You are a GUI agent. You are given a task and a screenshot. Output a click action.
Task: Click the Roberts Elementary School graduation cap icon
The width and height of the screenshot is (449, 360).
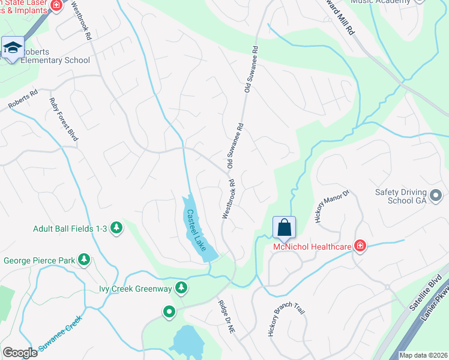(x=13, y=47)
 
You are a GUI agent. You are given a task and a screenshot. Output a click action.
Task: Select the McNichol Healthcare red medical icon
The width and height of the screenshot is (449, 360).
(x=360, y=245)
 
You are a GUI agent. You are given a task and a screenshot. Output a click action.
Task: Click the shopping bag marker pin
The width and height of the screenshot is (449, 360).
(x=285, y=228)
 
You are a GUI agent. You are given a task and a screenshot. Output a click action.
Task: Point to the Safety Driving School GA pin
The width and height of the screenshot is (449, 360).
(x=436, y=195)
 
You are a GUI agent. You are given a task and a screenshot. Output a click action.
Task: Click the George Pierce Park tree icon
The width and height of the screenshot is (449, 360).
(x=85, y=260)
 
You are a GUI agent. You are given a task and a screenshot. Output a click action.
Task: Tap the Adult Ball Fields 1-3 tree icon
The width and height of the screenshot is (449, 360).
(x=116, y=228)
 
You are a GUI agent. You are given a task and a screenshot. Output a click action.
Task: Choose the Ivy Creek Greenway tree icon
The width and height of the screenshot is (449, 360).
(x=181, y=289)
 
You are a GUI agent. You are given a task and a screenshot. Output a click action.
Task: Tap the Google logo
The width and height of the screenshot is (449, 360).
(x=20, y=353)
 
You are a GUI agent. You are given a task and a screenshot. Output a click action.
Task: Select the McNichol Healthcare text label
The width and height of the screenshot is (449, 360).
(x=312, y=246)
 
